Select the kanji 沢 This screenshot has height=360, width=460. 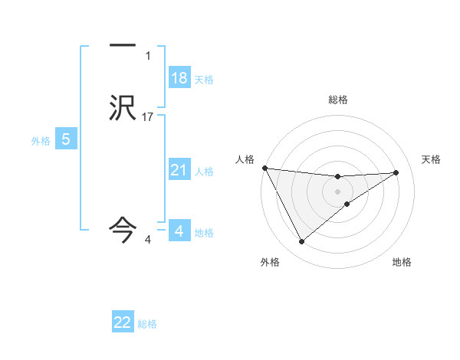123,108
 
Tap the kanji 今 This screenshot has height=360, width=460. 123,227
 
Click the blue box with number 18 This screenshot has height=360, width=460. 179,78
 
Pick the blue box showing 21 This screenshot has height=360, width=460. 179,170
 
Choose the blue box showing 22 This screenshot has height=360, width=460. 123,322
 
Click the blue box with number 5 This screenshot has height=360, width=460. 66,139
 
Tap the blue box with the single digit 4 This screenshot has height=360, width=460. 179,231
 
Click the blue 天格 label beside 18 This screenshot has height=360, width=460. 204,79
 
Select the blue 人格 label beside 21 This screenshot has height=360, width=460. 205,171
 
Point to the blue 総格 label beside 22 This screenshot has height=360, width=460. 147,323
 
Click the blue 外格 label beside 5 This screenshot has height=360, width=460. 41,140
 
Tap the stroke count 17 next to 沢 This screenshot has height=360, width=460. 148,116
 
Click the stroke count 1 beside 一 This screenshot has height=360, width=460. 147,56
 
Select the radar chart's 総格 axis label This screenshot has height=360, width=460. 337,100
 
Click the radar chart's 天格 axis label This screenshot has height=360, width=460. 431,159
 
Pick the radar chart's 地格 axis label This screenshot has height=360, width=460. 402,263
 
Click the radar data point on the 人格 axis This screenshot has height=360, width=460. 264,168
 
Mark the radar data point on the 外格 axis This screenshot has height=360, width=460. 301,242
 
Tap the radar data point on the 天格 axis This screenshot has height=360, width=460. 396,172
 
